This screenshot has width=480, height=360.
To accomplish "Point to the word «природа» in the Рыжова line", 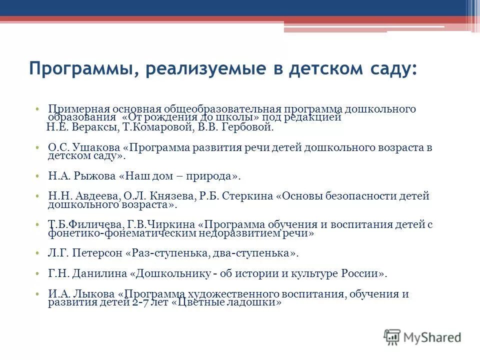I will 211,176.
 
